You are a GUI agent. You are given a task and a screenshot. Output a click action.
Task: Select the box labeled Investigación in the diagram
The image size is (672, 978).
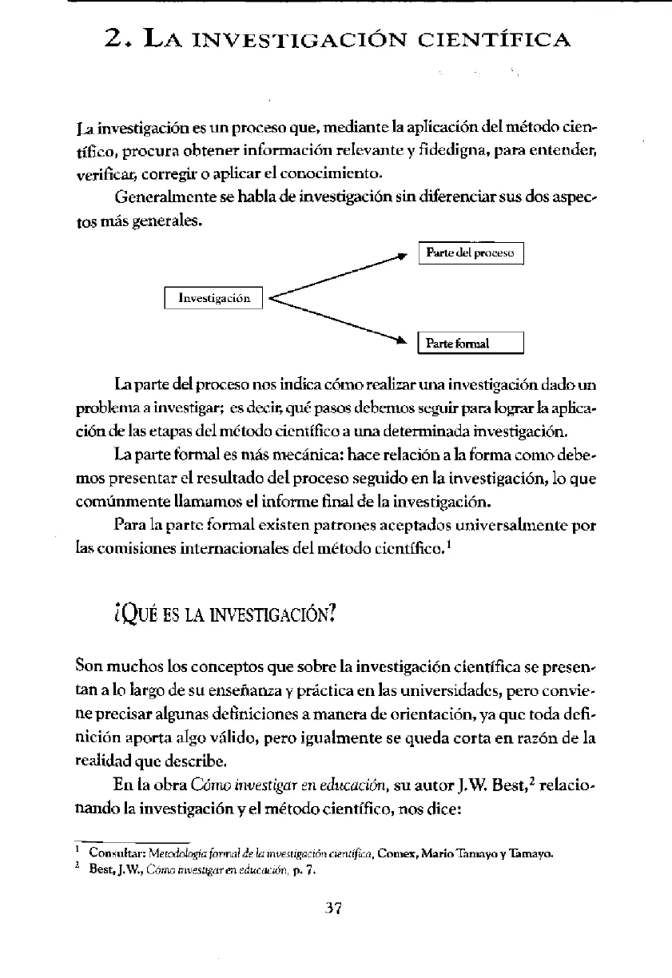213,298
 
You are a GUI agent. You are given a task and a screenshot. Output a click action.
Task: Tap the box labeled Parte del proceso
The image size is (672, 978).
471,253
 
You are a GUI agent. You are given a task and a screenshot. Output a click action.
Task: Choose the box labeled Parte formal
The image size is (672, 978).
471,344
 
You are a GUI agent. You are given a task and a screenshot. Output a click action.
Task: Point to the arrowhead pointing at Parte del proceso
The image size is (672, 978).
404,256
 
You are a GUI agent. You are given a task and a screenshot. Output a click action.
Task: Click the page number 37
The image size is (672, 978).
335,908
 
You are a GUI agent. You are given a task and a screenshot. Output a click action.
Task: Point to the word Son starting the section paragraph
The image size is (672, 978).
88,664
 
